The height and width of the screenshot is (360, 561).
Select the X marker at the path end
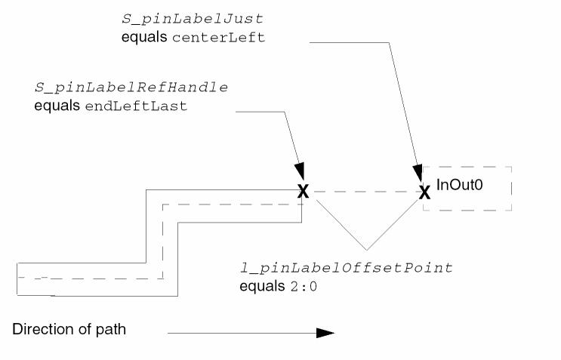click(x=303, y=191)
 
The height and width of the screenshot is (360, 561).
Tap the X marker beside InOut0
click(x=424, y=192)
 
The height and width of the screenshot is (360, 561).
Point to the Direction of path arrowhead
click(x=325, y=331)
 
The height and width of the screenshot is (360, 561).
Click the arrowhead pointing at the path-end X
click(x=301, y=173)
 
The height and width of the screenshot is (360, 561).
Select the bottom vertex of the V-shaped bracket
click(x=366, y=249)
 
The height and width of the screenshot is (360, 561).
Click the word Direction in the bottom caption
click(x=39, y=331)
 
